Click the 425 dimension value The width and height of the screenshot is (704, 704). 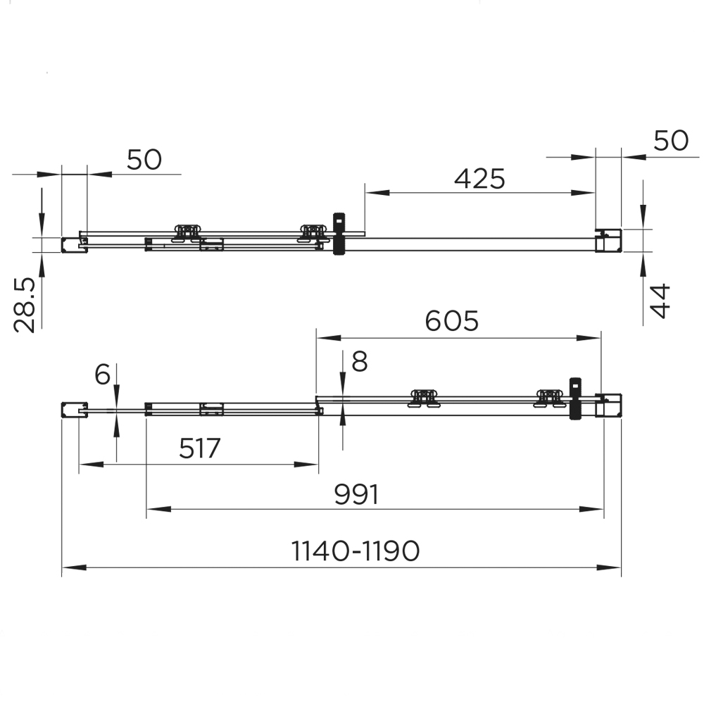point(479,178)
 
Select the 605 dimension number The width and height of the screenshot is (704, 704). point(452,321)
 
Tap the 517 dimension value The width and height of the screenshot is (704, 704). point(200,448)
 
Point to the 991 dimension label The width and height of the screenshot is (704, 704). point(357,494)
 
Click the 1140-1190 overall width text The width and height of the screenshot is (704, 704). point(356,551)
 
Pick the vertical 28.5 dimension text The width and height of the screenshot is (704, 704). point(25,305)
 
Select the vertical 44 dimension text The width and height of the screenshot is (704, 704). point(660,301)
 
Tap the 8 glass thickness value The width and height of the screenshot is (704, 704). point(360,361)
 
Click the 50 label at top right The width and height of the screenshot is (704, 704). point(671,140)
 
